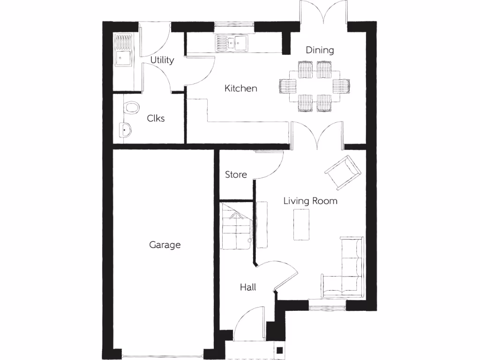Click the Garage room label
click(165, 245)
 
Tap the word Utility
click(162, 60)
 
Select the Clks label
click(156, 119)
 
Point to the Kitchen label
click(240, 88)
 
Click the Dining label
click(320, 50)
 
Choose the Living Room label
click(310, 201)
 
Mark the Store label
click(236, 175)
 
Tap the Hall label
click(248, 287)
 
